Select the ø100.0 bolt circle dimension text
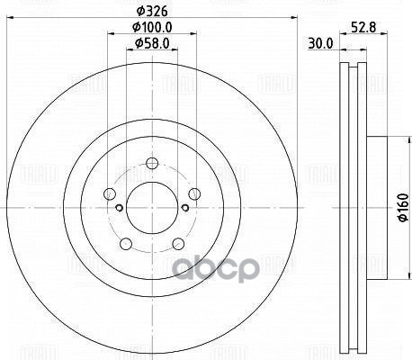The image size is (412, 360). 150,29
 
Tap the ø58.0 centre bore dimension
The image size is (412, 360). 150,43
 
